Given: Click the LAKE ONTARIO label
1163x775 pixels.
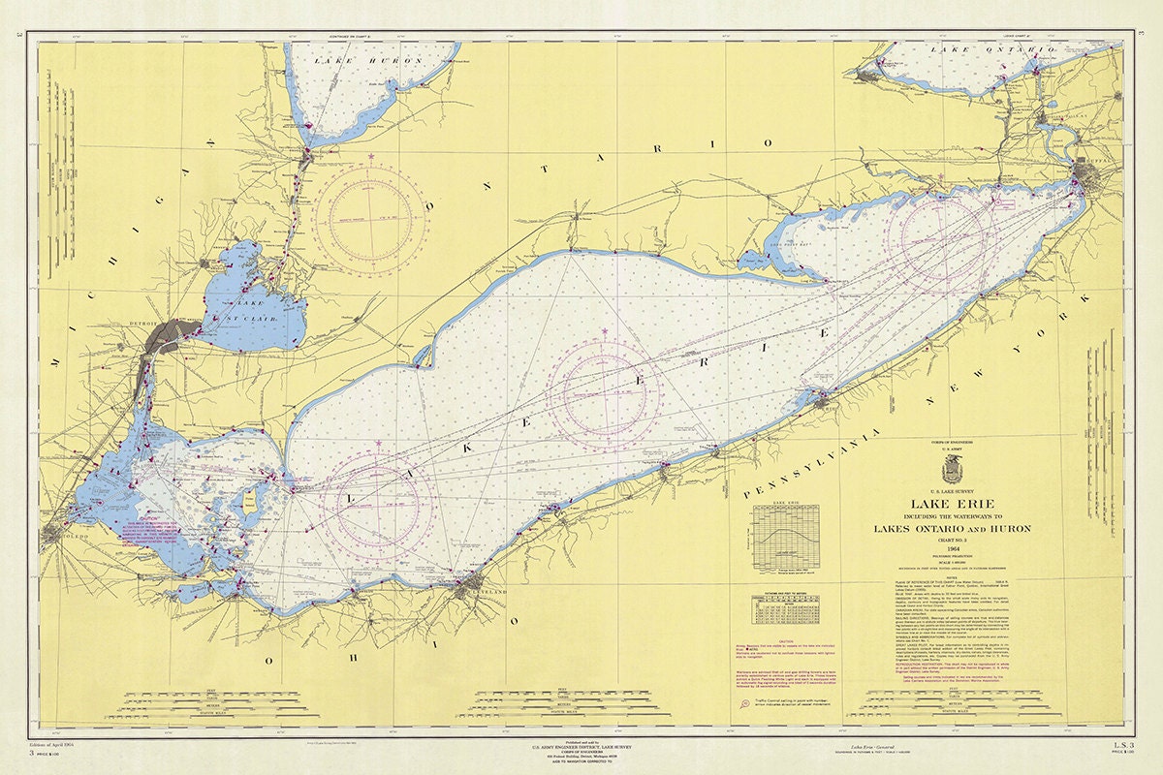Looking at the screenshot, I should [x=990, y=48].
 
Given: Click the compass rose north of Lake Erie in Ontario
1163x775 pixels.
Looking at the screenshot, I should [x=372, y=210].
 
